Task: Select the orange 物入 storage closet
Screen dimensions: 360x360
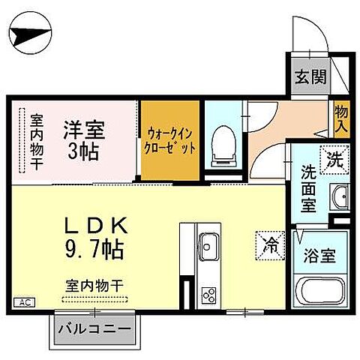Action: point(340,118)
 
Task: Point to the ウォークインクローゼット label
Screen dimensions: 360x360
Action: point(172,140)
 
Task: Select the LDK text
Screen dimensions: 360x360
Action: point(92,223)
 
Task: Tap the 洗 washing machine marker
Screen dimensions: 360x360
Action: point(334,158)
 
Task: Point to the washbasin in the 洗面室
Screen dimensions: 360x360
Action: point(340,196)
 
